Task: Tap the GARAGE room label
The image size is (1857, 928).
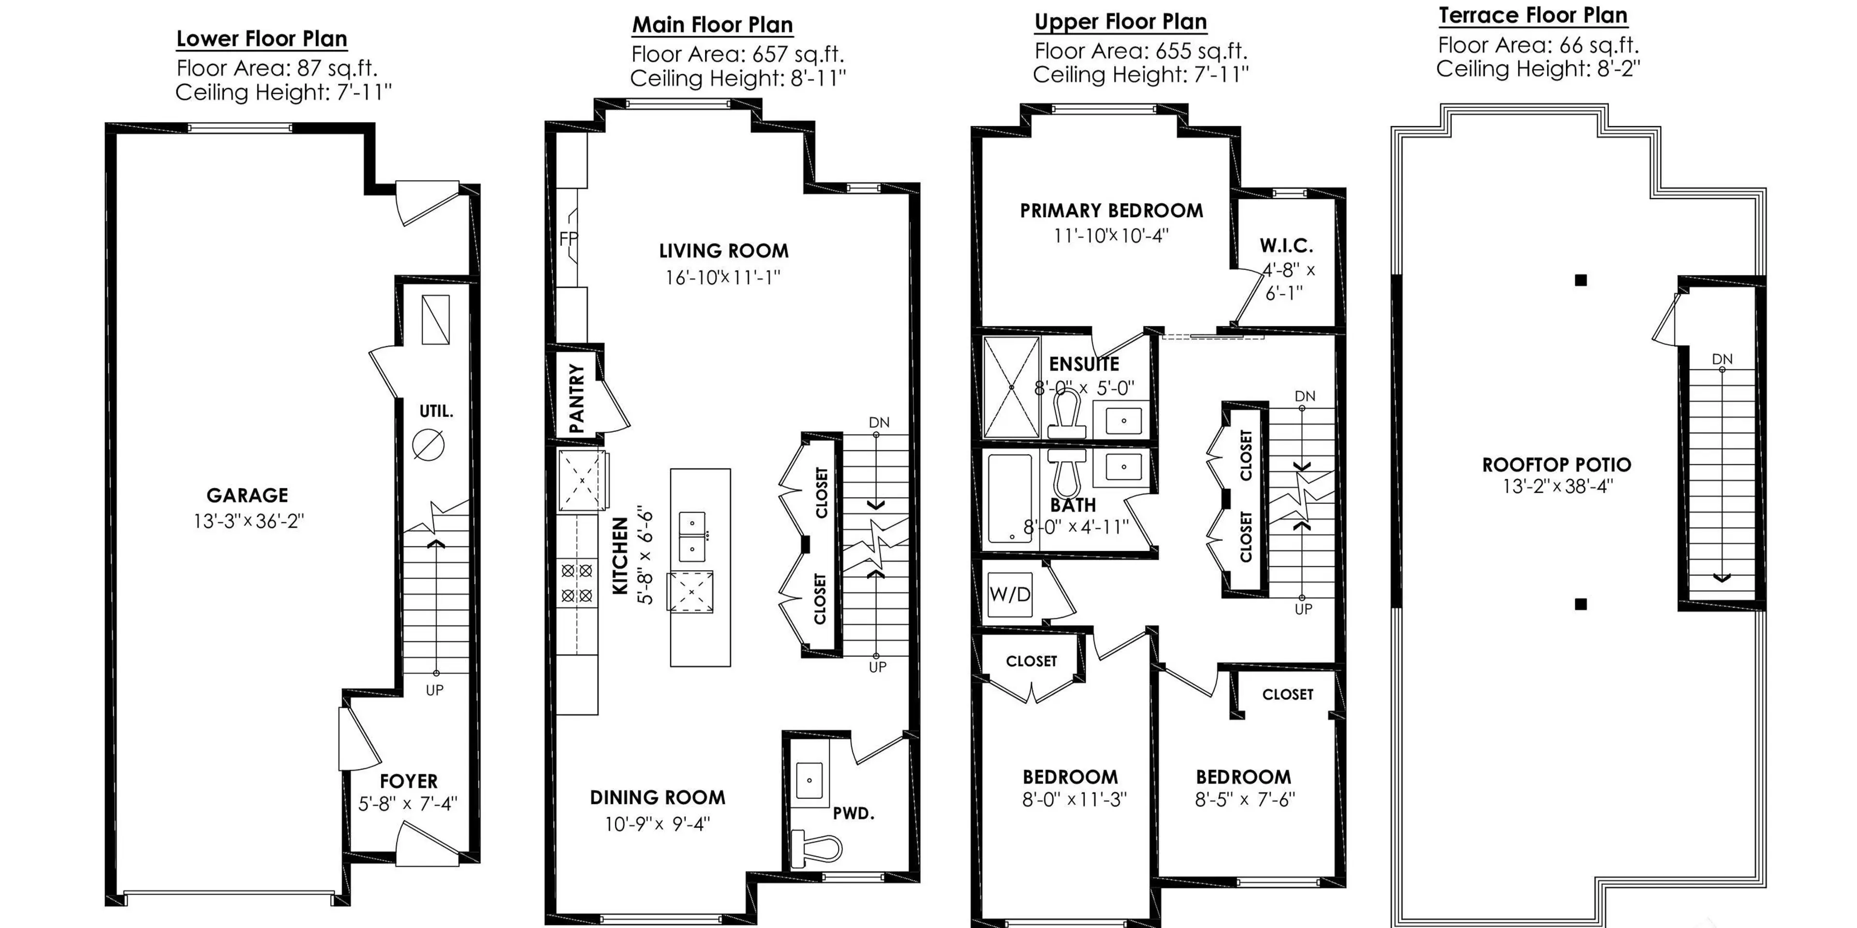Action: tap(247, 495)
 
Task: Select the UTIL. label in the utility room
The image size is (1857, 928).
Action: tap(436, 412)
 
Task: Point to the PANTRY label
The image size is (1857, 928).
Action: tap(577, 398)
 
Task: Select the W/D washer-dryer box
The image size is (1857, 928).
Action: tap(1009, 595)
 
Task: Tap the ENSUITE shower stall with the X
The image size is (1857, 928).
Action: tap(1011, 387)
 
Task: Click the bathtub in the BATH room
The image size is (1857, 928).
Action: tap(1009, 498)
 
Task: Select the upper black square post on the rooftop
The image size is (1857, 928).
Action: tap(1581, 280)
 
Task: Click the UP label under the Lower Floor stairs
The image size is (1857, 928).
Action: tap(435, 690)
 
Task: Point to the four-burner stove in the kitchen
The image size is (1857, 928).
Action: tap(577, 583)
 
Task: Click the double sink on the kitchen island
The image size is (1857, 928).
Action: tap(692, 536)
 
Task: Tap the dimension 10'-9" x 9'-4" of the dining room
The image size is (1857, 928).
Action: tap(658, 824)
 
